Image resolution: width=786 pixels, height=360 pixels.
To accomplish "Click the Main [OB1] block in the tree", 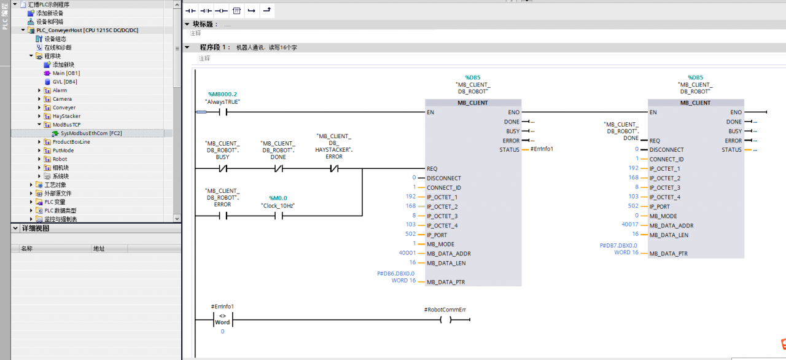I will (66, 73).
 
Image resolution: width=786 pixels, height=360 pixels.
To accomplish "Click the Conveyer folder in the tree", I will (64, 108).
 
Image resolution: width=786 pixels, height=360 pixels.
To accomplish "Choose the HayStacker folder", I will (66, 116).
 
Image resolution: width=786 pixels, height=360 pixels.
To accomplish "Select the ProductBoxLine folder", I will (71, 142).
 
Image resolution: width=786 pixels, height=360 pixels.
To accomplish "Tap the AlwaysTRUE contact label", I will (222, 102).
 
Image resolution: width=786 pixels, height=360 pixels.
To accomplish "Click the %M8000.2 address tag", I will (222, 94).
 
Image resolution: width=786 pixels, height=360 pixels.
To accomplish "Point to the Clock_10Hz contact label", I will (278, 206).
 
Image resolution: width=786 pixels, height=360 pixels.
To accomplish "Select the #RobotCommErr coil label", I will (445, 310).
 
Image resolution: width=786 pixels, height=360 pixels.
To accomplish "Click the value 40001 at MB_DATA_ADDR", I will (407, 254).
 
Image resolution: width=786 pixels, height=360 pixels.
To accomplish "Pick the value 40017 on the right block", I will (631, 225).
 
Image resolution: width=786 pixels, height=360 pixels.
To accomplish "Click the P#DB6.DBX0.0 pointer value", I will (396, 273).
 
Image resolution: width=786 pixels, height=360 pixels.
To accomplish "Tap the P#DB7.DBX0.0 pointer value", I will (618, 245).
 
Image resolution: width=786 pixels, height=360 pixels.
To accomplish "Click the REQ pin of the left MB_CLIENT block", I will (432, 168).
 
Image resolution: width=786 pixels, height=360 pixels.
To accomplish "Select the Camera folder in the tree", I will (62, 99).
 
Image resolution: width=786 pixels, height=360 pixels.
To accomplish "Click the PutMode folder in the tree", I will (63, 151).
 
